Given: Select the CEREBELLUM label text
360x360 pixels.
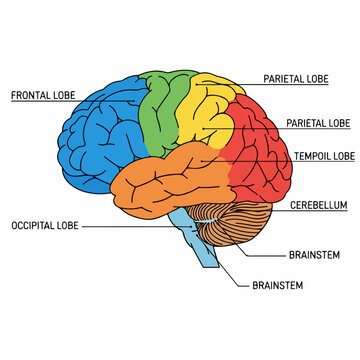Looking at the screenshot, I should [319, 205].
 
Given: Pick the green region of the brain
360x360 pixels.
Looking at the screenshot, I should [160, 110].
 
